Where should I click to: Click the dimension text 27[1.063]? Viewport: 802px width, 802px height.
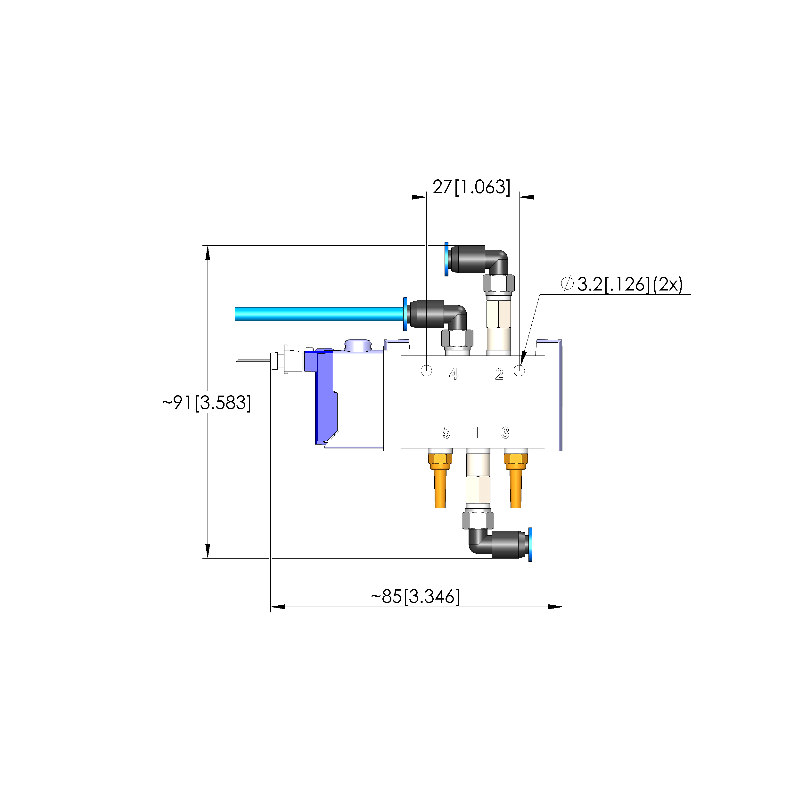pyautogui.click(x=471, y=187)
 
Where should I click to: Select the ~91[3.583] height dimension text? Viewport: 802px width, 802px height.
pyautogui.click(x=207, y=403)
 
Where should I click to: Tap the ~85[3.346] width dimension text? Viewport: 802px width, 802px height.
pyautogui.click(x=415, y=596)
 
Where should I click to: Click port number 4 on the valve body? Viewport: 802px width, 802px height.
pyautogui.click(x=453, y=374)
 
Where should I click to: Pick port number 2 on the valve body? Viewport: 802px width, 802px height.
pyautogui.click(x=499, y=374)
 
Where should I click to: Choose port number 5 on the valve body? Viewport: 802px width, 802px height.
pyautogui.click(x=446, y=433)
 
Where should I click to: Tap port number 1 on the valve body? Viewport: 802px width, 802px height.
pyautogui.click(x=476, y=433)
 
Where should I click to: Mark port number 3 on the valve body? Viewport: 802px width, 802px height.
pyautogui.click(x=505, y=433)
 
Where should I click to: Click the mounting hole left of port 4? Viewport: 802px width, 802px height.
pyautogui.click(x=426, y=371)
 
